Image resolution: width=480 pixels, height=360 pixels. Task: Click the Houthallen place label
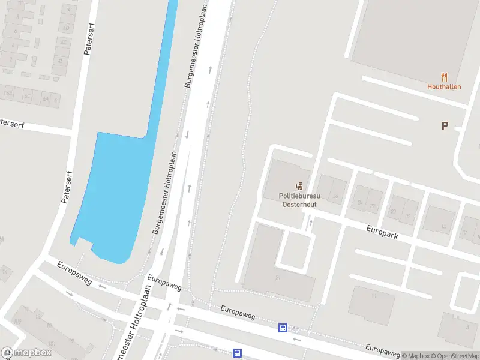(444, 86)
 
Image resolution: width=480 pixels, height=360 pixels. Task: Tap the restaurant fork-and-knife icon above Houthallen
(444, 76)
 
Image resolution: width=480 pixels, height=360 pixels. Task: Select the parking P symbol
(445, 125)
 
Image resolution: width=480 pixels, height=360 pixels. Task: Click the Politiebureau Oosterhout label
(298, 200)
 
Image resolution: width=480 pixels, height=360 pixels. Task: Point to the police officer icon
(299, 187)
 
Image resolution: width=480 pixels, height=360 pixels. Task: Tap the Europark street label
(383, 232)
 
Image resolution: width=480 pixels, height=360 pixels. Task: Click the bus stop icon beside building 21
(283, 328)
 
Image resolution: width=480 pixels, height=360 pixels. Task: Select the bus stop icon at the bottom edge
(238, 353)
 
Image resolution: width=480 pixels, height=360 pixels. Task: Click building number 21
(278, 278)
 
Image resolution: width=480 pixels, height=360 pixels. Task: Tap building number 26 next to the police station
(335, 196)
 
